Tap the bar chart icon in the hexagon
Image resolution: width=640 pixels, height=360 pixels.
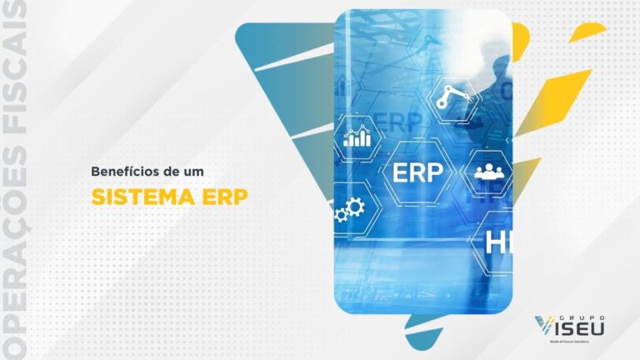click(x=358, y=136)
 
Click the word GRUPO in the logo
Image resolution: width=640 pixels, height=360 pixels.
click(x=577, y=317)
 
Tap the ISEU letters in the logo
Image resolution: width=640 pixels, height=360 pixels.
click(x=582, y=328)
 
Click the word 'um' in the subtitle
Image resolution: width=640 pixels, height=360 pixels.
click(x=195, y=171)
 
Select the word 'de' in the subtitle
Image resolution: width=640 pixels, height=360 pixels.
click(x=173, y=171)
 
